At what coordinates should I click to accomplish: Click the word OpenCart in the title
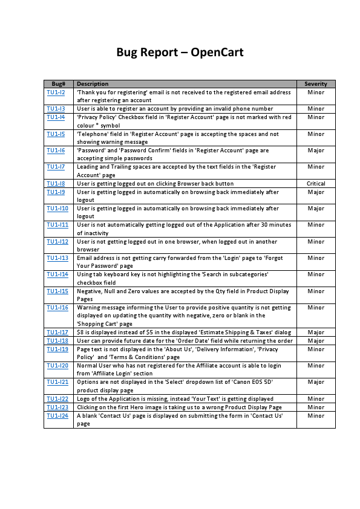click(217, 52)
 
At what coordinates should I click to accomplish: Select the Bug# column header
click(59, 84)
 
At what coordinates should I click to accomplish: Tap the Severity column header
click(316, 84)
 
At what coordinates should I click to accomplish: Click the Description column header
click(93, 84)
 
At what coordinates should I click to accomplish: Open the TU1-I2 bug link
click(56, 92)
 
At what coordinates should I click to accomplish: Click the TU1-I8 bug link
click(56, 183)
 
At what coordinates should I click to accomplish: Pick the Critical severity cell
click(316, 183)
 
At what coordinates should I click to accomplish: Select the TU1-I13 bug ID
click(57, 258)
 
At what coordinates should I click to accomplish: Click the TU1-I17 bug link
click(57, 332)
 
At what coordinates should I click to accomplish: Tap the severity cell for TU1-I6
click(316, 151)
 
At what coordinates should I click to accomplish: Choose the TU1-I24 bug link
click(57, 416)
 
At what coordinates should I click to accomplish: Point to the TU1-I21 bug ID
click(57, 382)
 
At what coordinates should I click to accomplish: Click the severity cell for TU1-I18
click(316, 341)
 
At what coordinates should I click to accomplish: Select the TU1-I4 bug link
click(56, 117)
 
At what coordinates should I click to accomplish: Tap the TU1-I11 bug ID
click(57, 225)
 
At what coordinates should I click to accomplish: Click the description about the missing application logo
click(175, 399)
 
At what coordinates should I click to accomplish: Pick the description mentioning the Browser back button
click(155, 183)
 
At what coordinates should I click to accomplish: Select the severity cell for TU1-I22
click(316, 399)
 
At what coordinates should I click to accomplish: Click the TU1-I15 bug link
click(57, 291)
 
